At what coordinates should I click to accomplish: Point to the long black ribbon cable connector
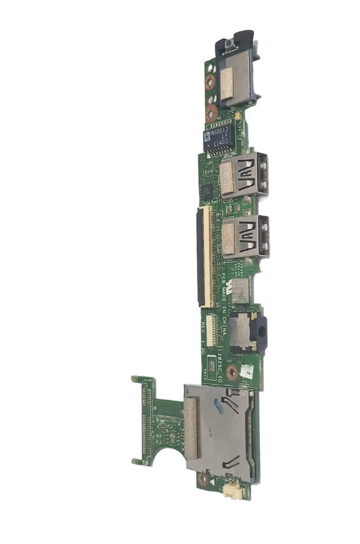click(x=203, y=254)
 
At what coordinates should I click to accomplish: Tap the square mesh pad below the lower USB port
click(x=240, y=290)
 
